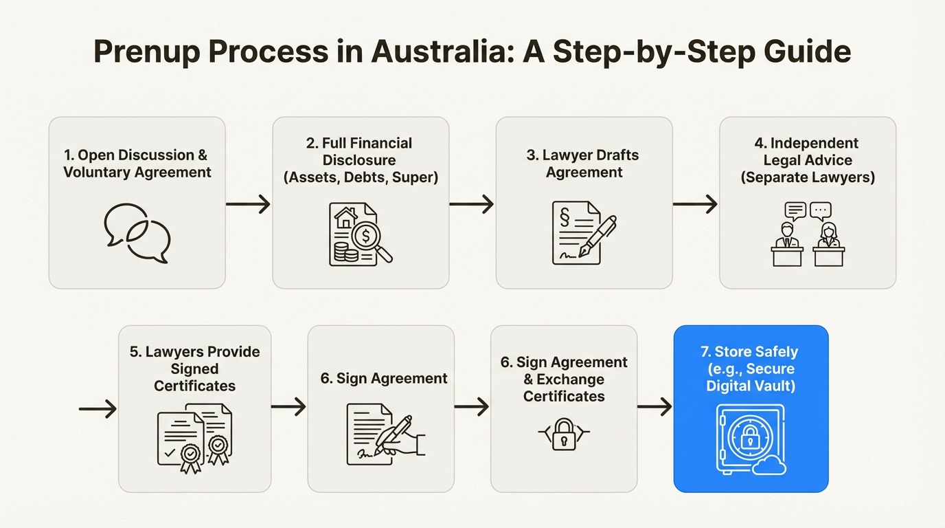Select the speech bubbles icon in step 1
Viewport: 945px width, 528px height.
click(x=137, y=232)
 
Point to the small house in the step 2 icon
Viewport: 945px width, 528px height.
click(x=344, y=219)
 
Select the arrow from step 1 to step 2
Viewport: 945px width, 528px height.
click(x=248, y=204)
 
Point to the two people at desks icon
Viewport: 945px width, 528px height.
click(x=808, y=234)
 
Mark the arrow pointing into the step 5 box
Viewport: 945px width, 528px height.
click(x=98, y=410)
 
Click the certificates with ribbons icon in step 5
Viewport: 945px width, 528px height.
click(x=195, y=439)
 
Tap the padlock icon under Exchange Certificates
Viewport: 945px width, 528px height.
click(x=563, y=434)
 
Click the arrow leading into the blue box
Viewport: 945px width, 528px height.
click(x=654, y=408)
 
